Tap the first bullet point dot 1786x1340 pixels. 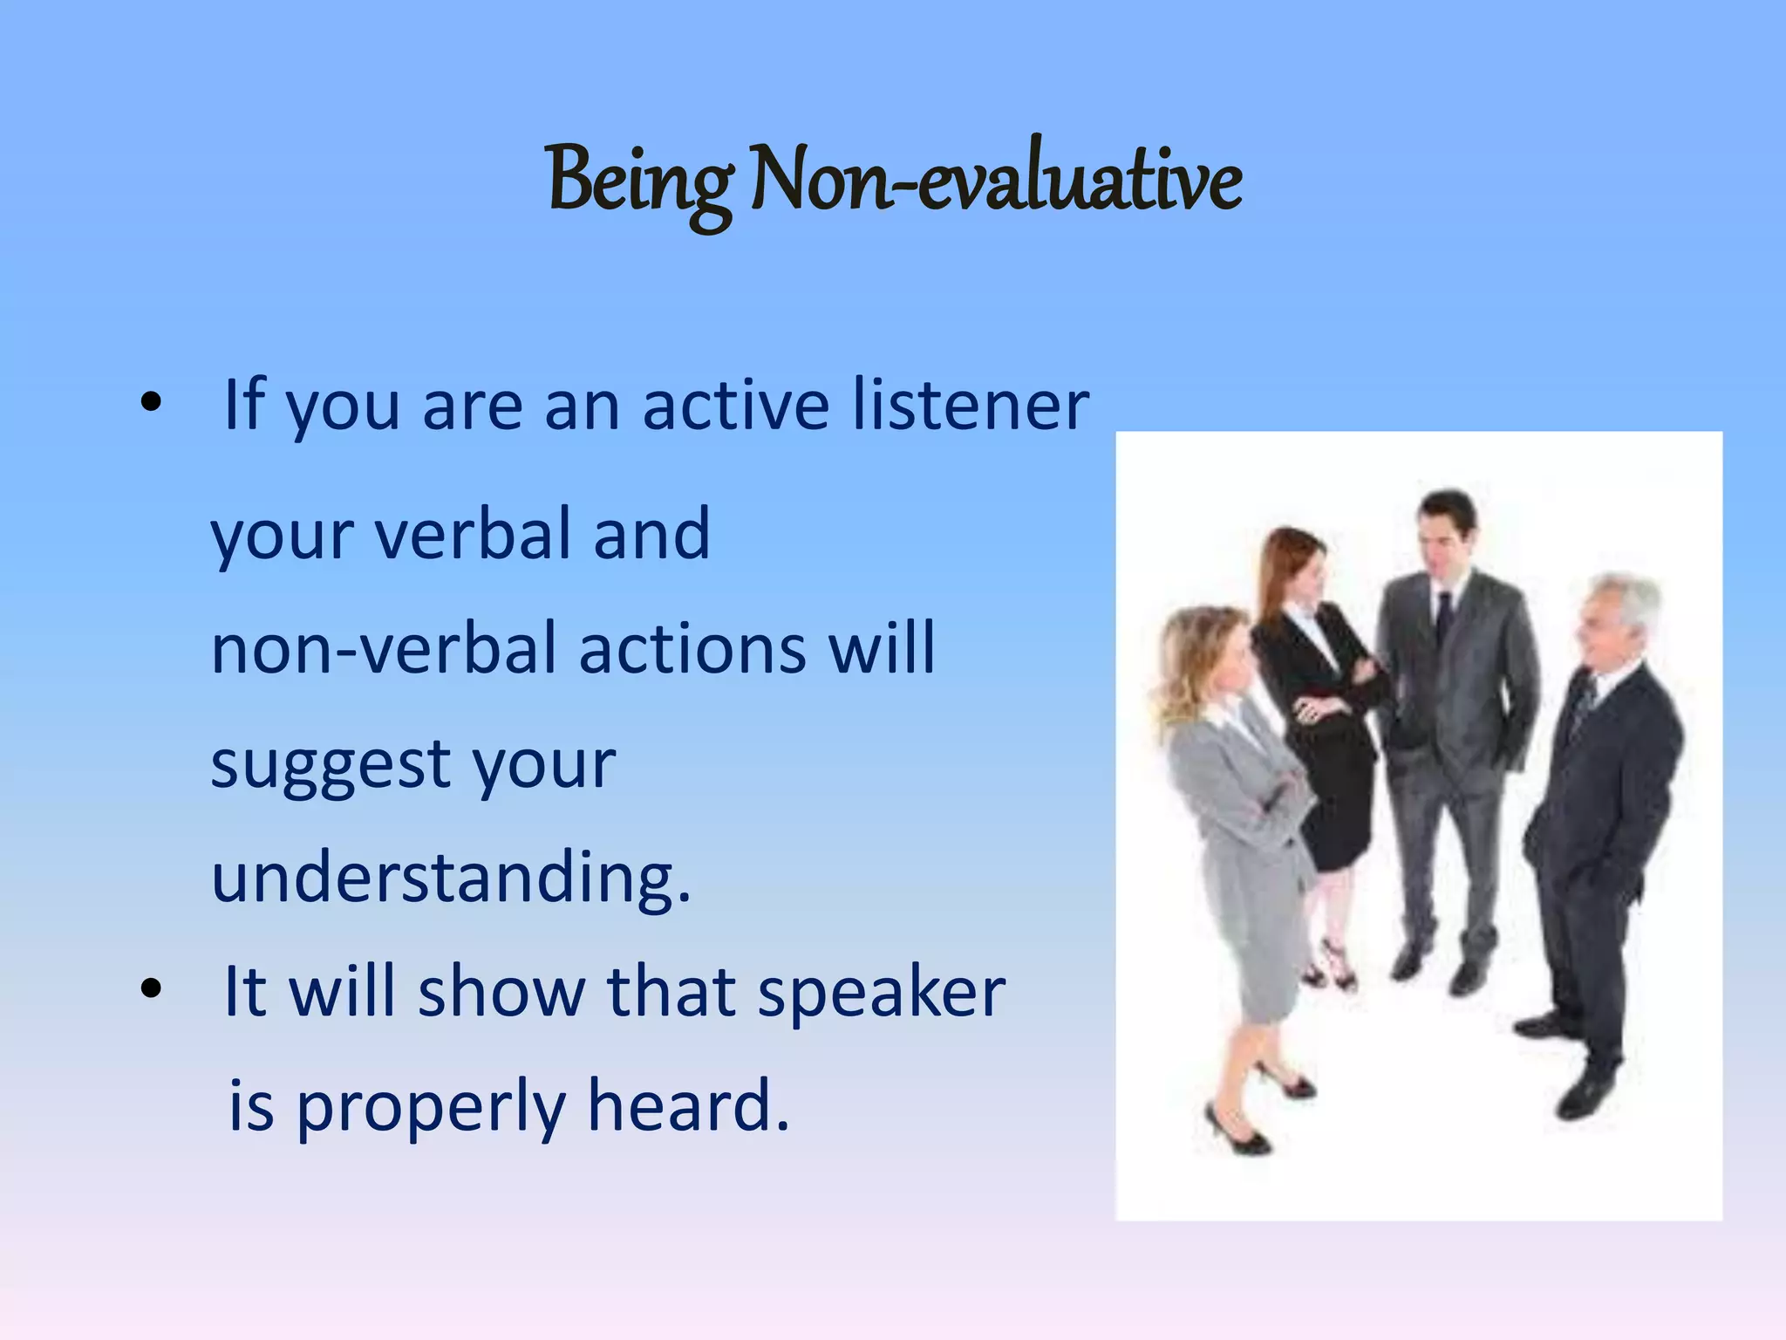coord(151,402)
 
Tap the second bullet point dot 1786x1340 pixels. coord(151,988)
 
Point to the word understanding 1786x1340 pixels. coord(449,877)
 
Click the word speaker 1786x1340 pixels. coord(881,993)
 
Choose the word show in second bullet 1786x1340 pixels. coord(501,993)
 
